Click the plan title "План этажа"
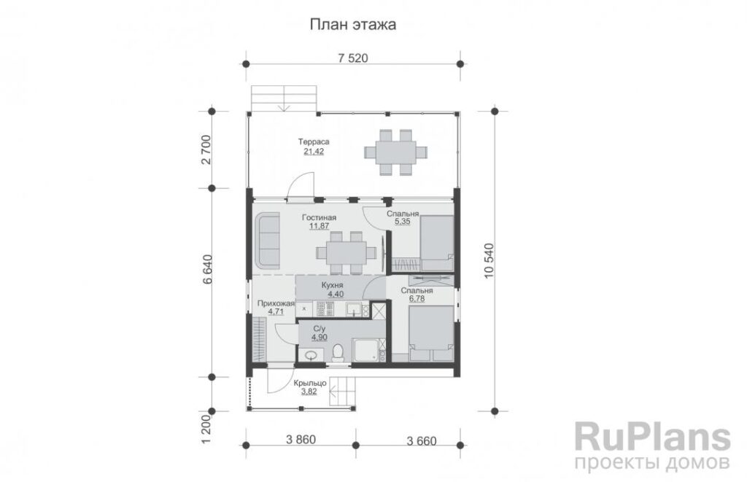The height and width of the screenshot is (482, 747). coord(352,24)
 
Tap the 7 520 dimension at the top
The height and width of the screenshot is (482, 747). coord(353,58)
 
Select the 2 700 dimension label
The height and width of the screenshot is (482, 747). coord(206,149)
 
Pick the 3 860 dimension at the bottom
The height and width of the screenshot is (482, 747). coord(301,440)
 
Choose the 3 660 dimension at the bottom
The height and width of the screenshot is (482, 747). coord(422,441)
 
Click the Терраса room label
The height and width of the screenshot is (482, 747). coord(314,141)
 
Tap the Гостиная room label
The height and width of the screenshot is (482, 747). coord(320,217)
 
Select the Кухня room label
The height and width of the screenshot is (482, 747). coord(333,285)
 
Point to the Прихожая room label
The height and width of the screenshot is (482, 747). coord(276,303)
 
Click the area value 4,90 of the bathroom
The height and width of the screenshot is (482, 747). coord(320,338)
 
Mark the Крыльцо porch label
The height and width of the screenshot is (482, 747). coord(309,383)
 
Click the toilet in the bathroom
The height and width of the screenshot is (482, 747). coord(338,353)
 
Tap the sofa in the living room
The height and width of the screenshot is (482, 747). coord(268,241)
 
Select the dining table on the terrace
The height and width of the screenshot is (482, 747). coord(396,152)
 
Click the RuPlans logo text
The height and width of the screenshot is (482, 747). coord(652,436)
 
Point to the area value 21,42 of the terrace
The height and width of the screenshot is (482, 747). coord(314,152)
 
